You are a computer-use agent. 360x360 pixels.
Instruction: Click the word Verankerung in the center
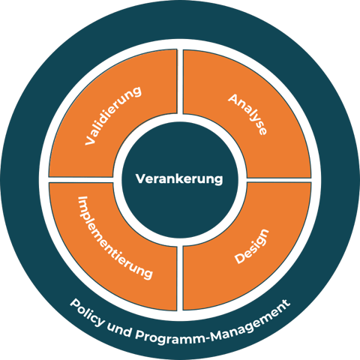pyautogui.click(x=179, y=179)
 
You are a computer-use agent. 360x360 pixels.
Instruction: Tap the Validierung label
pyautogui.click(x=113, y=115)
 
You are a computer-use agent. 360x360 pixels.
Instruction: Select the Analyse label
pyautogui.click(x=247, y=114)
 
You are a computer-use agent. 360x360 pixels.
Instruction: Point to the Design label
pyautogui.click(x=251, y=246)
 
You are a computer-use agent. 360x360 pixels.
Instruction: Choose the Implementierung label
pyautogui.click(x=115, y=237)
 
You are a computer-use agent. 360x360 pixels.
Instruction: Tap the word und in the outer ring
pyautogui.click(x=119, y=330)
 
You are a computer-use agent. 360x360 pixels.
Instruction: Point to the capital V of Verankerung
pyautogui.click(x=140, y=178)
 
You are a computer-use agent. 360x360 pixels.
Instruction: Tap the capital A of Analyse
pyautogui.click(x=233, y=99)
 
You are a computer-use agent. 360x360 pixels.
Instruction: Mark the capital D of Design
pyautogui.click(x=240, y=258)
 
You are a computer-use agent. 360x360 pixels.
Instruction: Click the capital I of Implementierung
pyautogui.click(x=82, y=199)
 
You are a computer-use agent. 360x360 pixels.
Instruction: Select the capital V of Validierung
pyautogui.click(x=90, y=139)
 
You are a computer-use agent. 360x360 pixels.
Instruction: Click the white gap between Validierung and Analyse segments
pyautogui.click(x=180, y=81)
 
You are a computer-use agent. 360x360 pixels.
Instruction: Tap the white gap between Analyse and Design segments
pyautogui.click(x=279, y=180)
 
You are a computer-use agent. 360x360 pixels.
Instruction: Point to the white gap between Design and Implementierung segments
pyautogui.click(x=180, y=278)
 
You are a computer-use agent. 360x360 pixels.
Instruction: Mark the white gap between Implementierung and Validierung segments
pyautogui.click(x=81, y=180)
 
